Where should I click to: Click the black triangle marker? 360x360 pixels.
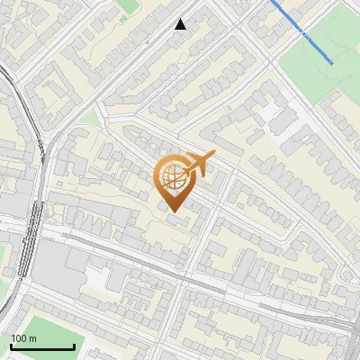(x=181, y=24)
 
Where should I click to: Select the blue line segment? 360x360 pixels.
(x=301, y=31)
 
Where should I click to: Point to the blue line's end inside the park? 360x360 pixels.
(x=332, y=62)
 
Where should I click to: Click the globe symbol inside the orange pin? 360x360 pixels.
(x=174, y=177)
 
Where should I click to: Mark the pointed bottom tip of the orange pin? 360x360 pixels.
(x=174, y=211)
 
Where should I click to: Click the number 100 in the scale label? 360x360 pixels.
(x=18, y=338)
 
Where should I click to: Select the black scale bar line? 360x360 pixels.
(x=42, y=346)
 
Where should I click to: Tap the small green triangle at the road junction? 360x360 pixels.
(x=89, y=118)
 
